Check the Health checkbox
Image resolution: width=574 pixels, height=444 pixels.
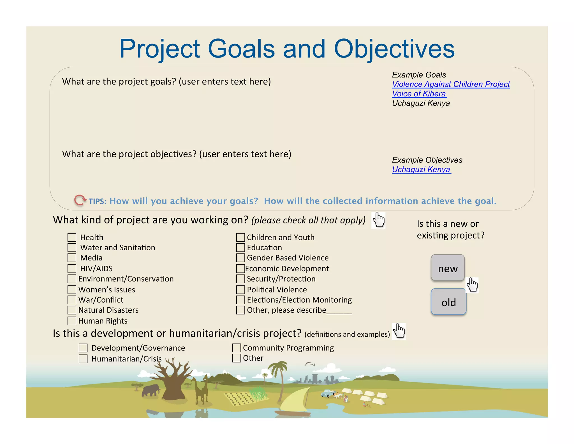pyautogui.click(x=72, y=237)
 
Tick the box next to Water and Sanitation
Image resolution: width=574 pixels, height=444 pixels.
pyautogui.click(x=72, y=248)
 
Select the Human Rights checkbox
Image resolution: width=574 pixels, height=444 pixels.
pyautogui.click(x=72, y=321)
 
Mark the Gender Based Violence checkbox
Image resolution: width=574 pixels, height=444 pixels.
pyautogui.click(x=240, y=258)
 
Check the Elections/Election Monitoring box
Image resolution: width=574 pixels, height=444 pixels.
pyautogui.click(x=240, y=300)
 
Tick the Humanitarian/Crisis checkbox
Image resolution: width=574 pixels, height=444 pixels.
pyautogui.click(x=83, y=359)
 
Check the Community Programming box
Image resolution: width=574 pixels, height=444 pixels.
pyautogui.click(x=237, y=348)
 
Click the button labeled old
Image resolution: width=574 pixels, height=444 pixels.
pyautogui.click(x=448, y=302)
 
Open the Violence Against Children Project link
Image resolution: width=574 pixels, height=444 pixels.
pyautogui.click(x=451, y=84)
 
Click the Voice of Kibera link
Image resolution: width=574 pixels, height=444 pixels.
pyautogui.click(x=419, y=94)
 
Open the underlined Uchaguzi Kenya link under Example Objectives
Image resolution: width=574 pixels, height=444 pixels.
pyautogui.click(x=421, y=170)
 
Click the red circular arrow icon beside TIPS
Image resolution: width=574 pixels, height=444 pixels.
pyautogui.click(x=80, y=200)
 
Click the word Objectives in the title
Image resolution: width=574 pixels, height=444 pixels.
pyautogui.click(x=394, y=49)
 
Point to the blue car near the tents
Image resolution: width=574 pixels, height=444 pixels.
pyautogui.click(x=327, y=393)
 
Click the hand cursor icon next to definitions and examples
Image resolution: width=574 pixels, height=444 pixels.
pyautogui.click(x=399, y=331)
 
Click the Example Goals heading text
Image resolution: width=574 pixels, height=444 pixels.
pyautogui.click(x=419, y=75)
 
